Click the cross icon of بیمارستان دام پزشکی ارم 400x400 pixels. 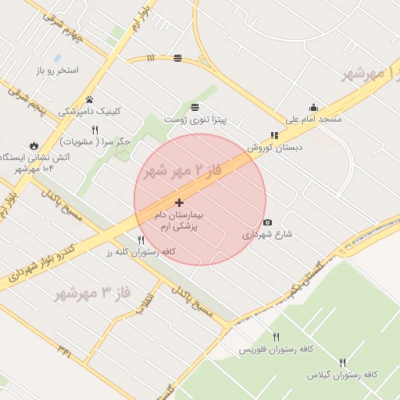[x=179, y=202]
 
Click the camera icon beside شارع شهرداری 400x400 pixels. [x=268, y=222]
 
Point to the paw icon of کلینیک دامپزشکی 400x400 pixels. [x=91, y=99]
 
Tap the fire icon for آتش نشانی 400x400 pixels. [x=34, y=145]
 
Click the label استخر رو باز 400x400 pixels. [x=57, y=70]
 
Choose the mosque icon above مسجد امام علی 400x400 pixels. [x=313, y=108]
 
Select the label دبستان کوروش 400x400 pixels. [x=275, y=146]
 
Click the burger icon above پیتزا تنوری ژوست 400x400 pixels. [x=194, y=107]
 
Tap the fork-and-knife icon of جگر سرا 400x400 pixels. [x=95, y=130]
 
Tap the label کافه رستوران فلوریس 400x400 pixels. [x=276, y=348]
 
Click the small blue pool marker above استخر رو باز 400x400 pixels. [x=57, y=58]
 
